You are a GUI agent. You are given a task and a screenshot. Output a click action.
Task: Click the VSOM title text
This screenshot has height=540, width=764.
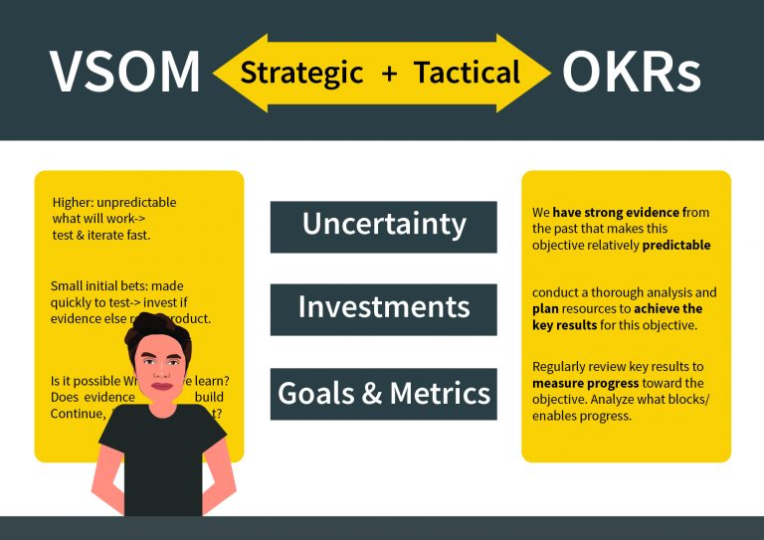coord(123,73)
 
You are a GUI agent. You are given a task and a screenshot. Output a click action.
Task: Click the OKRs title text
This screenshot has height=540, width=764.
coord(631,73)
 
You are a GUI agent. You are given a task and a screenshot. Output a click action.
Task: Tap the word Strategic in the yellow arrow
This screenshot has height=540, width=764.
coord(302,73)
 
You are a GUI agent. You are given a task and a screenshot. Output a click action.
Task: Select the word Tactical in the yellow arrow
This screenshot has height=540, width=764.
coord(467,73)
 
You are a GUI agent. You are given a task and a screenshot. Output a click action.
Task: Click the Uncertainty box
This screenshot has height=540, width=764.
coord(383,226)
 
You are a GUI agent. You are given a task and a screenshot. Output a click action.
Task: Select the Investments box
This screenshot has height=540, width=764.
coord(383,308)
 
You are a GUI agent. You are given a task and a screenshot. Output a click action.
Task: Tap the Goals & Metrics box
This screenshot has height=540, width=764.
coord(383,394)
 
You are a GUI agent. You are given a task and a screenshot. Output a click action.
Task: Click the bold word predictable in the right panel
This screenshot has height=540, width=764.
coord(676,245)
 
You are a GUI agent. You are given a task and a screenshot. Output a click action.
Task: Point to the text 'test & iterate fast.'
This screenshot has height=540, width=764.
coord(100,235)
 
